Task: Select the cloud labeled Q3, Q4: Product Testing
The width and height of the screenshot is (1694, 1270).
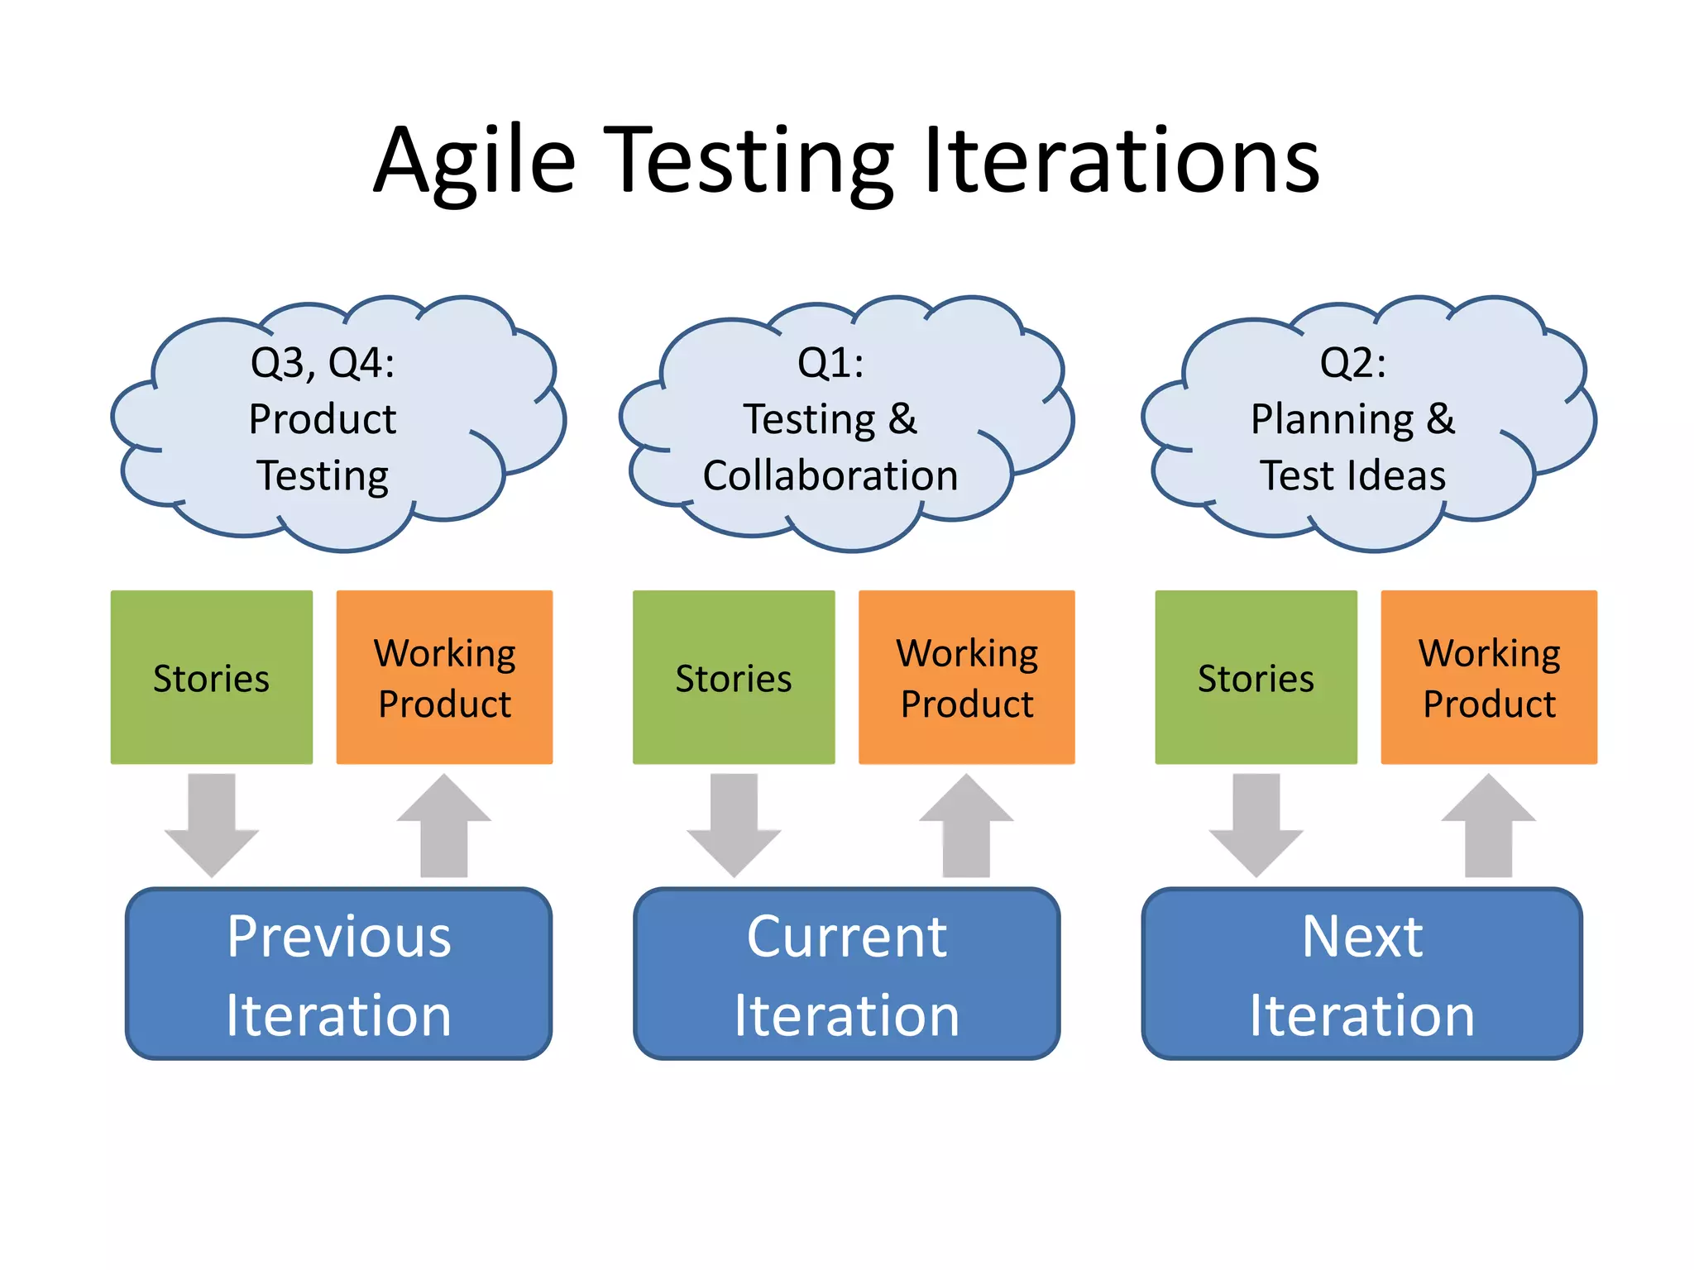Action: point(331,422)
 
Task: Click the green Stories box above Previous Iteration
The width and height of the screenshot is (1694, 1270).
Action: point(212,677)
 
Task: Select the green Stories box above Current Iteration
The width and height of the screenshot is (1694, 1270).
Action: point(734,677)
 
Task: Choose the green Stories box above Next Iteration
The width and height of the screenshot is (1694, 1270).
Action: point(1256,677)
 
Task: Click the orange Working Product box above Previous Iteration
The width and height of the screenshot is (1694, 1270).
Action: point(444,677)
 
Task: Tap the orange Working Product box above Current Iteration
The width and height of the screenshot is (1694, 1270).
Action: point(966,677)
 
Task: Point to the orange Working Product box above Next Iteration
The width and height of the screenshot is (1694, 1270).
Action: point(1489,677)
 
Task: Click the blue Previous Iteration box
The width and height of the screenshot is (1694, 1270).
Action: point(338,974)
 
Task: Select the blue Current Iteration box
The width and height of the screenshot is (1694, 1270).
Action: point(846,974)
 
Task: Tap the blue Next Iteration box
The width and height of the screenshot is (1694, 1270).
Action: point(1361,974)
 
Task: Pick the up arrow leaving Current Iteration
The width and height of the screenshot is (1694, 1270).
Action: point(966,827)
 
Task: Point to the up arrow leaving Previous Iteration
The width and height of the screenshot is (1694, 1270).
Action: point(444,827)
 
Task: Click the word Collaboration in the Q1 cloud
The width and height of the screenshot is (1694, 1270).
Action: point(830,476)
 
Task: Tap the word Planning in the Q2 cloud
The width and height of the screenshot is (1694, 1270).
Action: point(1332,420)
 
